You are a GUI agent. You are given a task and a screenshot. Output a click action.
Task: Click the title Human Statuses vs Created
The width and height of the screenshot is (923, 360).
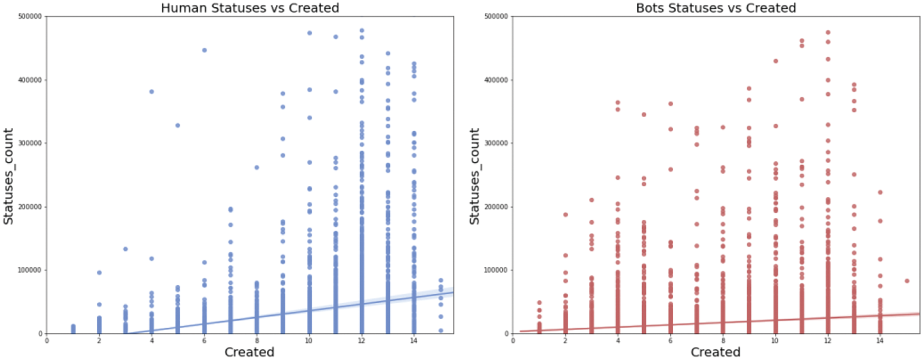coord(250,8)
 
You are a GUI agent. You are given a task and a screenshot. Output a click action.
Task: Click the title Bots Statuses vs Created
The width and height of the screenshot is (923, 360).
coord(716,8)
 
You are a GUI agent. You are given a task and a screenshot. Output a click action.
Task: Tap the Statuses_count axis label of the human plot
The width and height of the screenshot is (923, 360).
coord(8,176)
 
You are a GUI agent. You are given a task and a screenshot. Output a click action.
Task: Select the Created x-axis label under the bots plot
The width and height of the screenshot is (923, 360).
coord(715,352)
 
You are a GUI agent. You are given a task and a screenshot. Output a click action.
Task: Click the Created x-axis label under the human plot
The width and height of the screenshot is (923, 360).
coord(249,352)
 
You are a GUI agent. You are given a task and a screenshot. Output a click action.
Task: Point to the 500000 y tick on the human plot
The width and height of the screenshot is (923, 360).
coord(30,17)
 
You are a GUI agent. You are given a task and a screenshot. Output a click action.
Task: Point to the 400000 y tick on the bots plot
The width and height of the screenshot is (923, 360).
coord(496,80)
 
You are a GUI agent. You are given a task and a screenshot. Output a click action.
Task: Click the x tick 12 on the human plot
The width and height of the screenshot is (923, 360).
coord(361,341)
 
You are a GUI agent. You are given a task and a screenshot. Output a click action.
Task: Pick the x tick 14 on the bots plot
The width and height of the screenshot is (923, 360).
coord(880,341)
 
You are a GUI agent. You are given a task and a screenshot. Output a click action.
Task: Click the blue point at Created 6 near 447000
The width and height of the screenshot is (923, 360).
coord(205,50)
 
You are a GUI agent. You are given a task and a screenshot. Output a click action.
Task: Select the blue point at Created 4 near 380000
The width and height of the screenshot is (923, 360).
coord(152,91)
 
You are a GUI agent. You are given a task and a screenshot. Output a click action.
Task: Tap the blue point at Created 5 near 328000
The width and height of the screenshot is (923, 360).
coord(178,125)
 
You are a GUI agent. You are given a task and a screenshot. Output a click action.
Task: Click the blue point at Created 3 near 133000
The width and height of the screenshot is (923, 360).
coord(125,249)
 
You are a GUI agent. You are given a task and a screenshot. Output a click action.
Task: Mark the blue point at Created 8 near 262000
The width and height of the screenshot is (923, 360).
coord(257,167)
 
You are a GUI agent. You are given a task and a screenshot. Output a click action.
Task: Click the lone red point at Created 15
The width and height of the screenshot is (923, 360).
coord(907,281)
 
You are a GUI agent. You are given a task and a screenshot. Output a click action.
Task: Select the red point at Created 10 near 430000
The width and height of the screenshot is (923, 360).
coord(776,61)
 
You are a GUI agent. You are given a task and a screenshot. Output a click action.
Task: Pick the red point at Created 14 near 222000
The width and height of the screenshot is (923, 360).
coord(880,192)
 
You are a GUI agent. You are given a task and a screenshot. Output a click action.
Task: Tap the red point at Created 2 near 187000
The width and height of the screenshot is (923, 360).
coord(565,214)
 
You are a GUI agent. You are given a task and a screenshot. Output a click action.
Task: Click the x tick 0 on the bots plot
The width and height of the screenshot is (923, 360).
coord(513,341)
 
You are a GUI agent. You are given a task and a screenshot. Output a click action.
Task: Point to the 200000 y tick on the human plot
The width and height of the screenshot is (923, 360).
coord(30,206)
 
